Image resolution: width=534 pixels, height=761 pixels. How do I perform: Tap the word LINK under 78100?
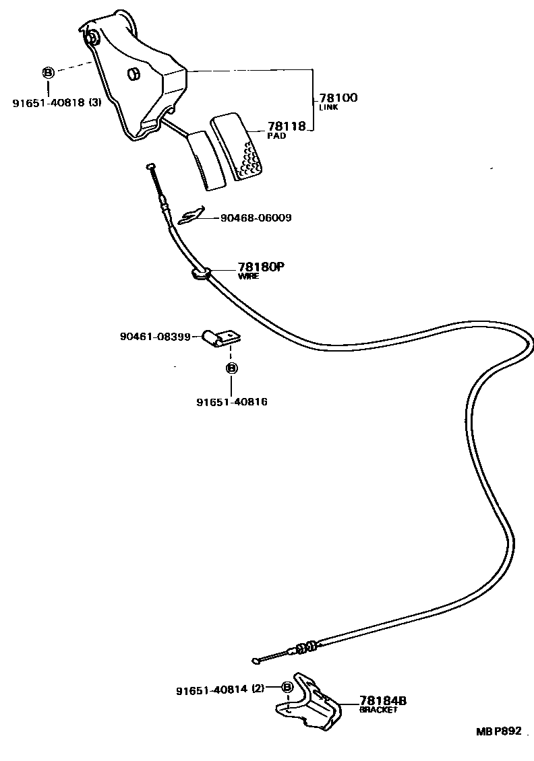click(x=328, y=108)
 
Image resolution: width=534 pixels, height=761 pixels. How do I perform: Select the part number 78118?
click(x=287, y=126)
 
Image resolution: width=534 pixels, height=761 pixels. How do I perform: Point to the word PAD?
click(x=276, y=135)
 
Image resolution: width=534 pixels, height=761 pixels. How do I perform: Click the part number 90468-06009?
click(x=256, y=218)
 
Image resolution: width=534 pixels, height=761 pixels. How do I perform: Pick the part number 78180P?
click(x=261, y=267)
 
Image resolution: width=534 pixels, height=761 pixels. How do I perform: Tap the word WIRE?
click(x=248, y=276)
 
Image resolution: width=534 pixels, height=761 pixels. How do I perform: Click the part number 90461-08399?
click(x=156, y=335)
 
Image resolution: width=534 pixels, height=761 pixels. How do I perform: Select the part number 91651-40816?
click(x=232, y=402)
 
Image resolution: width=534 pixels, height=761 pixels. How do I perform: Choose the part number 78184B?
click(x=383, y=701)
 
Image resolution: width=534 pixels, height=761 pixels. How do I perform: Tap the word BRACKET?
click(x=378, y=710)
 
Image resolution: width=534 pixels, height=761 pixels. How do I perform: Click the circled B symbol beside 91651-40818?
click(x=49, y=72)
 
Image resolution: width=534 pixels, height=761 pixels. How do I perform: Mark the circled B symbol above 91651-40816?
click(x=231, y=368)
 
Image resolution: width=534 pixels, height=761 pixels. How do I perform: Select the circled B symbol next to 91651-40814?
click(x=287, y=688)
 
